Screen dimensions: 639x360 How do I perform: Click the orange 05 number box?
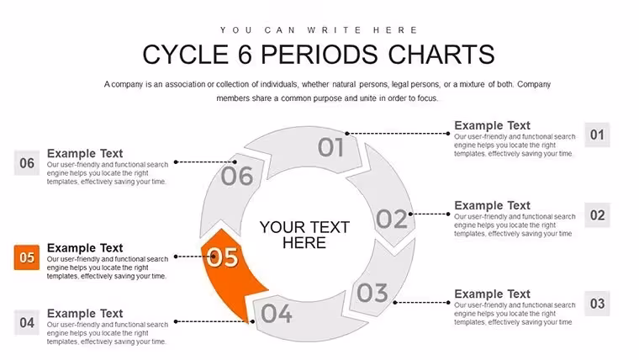[x=27, y=257]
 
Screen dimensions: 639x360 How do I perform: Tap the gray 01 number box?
[x=597, y=135]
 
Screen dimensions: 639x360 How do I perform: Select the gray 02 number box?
[x=597, y=214]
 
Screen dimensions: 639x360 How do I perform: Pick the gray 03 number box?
[x=597, y=304]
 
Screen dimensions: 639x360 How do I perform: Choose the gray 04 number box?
[x=27, y=322]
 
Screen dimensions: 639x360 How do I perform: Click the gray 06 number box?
[x=27, y=162]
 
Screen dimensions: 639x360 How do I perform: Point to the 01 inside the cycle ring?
[x=330, y=147]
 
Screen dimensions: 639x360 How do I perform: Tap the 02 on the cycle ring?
[x=392, y=219]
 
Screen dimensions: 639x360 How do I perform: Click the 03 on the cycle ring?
[x=372, y=293]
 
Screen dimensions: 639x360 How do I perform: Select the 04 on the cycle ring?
[x=277, y=314]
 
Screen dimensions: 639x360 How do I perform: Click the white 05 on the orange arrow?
[x=223, y=257]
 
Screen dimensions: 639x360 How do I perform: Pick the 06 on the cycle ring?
[x=237, y=176]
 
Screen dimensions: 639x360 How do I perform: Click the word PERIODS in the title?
[x=319, y=54]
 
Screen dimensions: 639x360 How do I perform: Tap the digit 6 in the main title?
[x=245, y=54]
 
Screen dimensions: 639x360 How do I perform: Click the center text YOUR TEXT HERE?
[x=304, y=235]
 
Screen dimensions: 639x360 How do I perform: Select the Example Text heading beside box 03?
[x=493, y=294]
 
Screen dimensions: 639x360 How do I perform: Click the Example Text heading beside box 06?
[x=85, y=153]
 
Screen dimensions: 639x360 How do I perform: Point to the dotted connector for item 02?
[x=429, y=214]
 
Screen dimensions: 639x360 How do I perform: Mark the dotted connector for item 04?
[x=214, y=321]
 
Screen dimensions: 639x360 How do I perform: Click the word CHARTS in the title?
[x=441, y=54]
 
